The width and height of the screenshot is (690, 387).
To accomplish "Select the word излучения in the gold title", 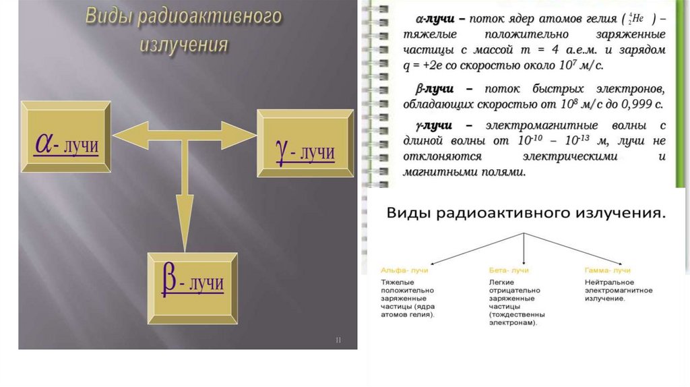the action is pyautogui.click(x=184, y=44).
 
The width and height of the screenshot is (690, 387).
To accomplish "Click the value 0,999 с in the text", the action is pyautogui.click(x=640, y=105).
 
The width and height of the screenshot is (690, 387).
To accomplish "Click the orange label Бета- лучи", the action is pyautogui.click(x=507, y=270).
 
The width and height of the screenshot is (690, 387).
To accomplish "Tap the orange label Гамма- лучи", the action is pyautogui.click(x=608, y=270).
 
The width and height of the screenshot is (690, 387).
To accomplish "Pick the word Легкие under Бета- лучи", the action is pyautogui.click(x=502, y=281).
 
